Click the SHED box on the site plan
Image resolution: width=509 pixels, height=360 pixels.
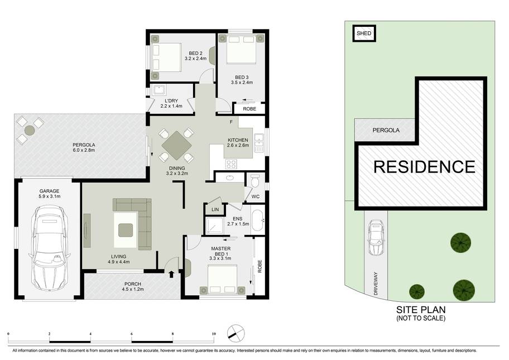click(364, 33)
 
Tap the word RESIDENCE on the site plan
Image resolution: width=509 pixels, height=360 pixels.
click(424, 167)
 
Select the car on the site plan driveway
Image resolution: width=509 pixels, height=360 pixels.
click(376, 238)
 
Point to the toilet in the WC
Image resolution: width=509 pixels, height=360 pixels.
click(255, 181)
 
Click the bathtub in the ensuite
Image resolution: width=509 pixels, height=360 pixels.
click(258, 220)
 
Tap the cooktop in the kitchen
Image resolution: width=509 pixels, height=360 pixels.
click(231, 164)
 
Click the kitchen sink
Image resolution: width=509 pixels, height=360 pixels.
click(259, 143)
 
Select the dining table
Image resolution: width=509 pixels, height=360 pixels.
click(176, 146)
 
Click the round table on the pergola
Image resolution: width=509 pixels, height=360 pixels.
click(30, 131)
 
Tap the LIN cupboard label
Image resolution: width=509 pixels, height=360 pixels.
click(215, 210)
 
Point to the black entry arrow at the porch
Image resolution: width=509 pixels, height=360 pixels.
click(171, 274)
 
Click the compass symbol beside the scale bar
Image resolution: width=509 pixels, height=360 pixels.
click(236, 333)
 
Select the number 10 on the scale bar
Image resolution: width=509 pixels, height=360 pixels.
click(213, 334)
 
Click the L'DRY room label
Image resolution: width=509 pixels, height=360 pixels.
click(171, 100)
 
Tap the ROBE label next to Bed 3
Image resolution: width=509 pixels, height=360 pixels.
click(249, 109)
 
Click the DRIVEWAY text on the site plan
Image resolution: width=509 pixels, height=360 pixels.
click(376, 284)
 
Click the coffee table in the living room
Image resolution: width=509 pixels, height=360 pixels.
click(126, 230)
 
